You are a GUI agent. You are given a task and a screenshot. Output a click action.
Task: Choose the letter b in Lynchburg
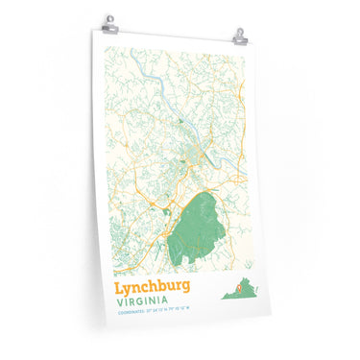(x=154, y=286)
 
